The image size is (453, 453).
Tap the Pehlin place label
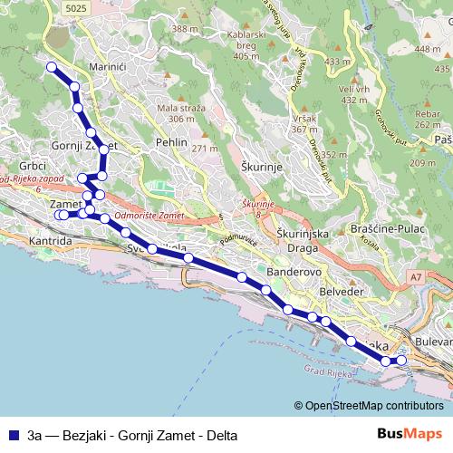[171, 142]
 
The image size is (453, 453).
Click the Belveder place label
[342, 292]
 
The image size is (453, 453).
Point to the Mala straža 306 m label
[176, 113]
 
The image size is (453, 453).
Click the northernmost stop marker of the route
[52, 67]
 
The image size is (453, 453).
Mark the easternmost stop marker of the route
[401, 361]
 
